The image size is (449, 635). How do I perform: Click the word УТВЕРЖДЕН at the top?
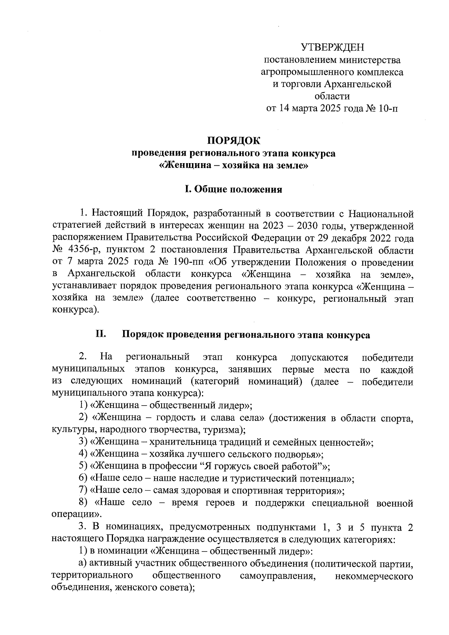tap(332, 48)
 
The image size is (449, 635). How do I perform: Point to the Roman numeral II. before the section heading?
tap(101, 334)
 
